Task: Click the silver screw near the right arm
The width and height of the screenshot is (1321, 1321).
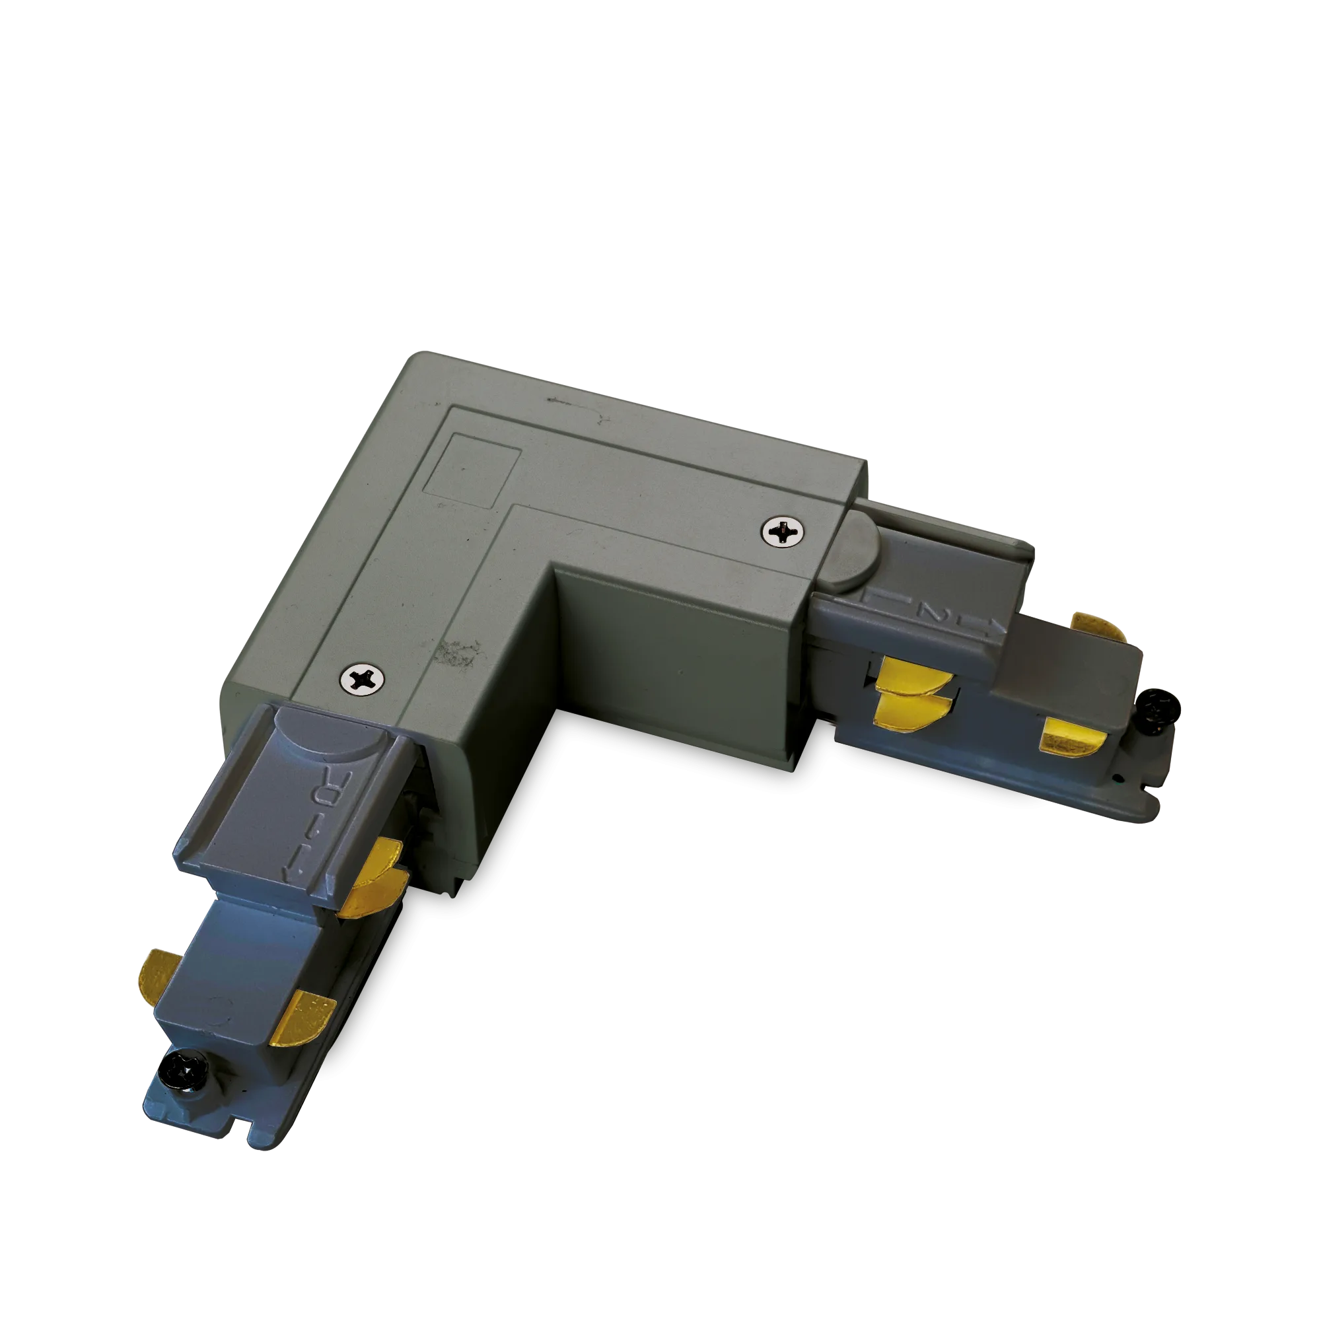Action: [783, 530]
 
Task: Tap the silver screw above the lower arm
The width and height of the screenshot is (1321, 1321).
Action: [362, 679]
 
